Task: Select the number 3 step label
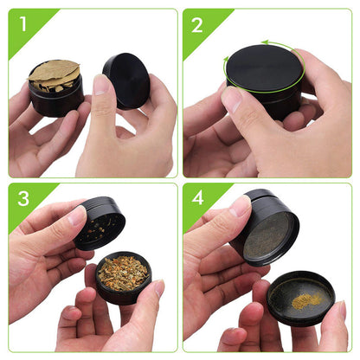[22, 201]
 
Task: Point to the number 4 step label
[197, 201]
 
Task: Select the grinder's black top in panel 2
[264, 67]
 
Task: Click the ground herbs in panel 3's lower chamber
[123, 272]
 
